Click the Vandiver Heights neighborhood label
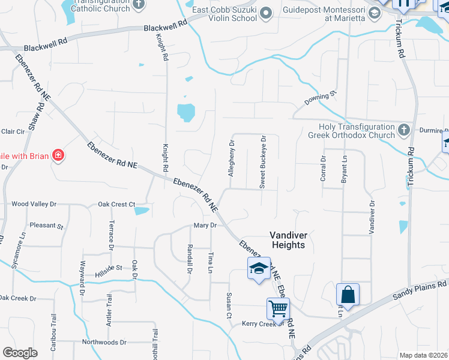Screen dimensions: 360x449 coord(287,240)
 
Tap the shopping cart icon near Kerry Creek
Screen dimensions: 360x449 coord(278,309)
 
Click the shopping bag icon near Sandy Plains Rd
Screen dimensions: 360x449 coord(348,295)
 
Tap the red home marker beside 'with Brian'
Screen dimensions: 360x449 coord(58,156)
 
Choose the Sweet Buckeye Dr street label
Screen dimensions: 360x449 coord(262,162)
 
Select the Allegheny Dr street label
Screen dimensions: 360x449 coord(231,158)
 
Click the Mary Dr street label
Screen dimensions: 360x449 coord(204,225)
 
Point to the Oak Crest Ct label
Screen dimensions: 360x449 coord(116,205)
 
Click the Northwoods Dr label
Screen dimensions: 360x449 coord(104,343)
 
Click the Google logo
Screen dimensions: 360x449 coord(20,353)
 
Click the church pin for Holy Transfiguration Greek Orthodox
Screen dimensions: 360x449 coord(404,129)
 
